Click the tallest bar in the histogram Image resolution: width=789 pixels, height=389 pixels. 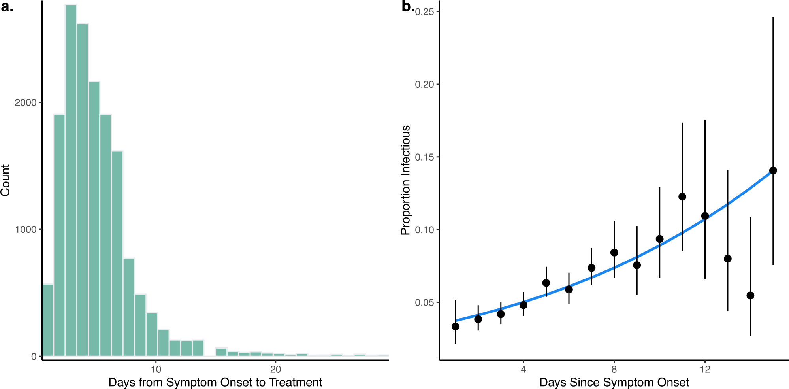(x=71, y=180)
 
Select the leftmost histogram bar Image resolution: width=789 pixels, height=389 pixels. (x=48, y=320)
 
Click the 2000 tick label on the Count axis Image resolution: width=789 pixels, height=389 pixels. (x=25, y=102)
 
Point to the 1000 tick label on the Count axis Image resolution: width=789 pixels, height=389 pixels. (x=25, y=230)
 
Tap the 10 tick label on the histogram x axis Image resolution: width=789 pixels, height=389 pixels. (x=156, y=369)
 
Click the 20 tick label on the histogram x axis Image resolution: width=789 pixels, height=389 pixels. (x=275, y=369)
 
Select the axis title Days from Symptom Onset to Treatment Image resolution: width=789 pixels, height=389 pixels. (x=215, y=382)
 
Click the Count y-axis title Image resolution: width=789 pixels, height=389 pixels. (x=6, y=180)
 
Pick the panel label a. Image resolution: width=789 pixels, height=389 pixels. (x=7, y=7)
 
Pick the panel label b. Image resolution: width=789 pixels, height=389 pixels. (x=407, y=7)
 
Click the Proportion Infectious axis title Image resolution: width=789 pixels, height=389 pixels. (x=405, y=180)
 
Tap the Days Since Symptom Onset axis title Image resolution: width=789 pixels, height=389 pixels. (x=614, y=382)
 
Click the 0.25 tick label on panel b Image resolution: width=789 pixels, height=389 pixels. (x=424, y=12)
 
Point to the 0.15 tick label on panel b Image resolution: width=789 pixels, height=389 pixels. (x=424, y=157)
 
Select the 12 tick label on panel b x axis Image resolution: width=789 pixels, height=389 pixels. (x=705, y=369)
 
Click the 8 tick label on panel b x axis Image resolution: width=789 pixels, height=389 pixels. (x=614, y=369)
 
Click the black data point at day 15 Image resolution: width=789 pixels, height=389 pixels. (x=773, y=170)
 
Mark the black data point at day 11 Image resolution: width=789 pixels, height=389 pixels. (x=682, y=196)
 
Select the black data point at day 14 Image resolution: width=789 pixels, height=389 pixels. (x=750, y=295)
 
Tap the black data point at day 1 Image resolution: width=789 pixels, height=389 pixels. (x=455, y=326)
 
